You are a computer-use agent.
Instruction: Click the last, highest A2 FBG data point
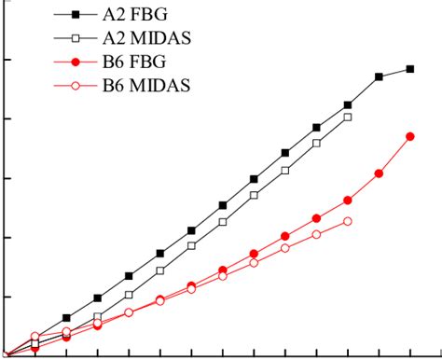pyautogui.click(x=410, y=69)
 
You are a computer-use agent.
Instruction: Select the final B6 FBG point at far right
pyautogui.click(x=410, y=136)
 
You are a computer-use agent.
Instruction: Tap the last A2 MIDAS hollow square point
pyautogui.click(x=348, y=117)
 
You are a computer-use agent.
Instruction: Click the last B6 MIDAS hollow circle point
pyautogui.click(x=348, y=221)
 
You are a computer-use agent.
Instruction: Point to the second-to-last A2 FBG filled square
pyautogui.click(x=380, y=76)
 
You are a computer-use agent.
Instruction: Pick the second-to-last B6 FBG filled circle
pyautogui.click(x=380, y=173)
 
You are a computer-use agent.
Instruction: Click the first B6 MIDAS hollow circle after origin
pyautogui.click(x=35, y=337)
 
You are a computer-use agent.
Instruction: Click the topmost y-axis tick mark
pyautogui.click(x=4, y=60)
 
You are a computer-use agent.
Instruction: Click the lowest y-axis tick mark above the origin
pyautogui.click(x=4, y=297)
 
